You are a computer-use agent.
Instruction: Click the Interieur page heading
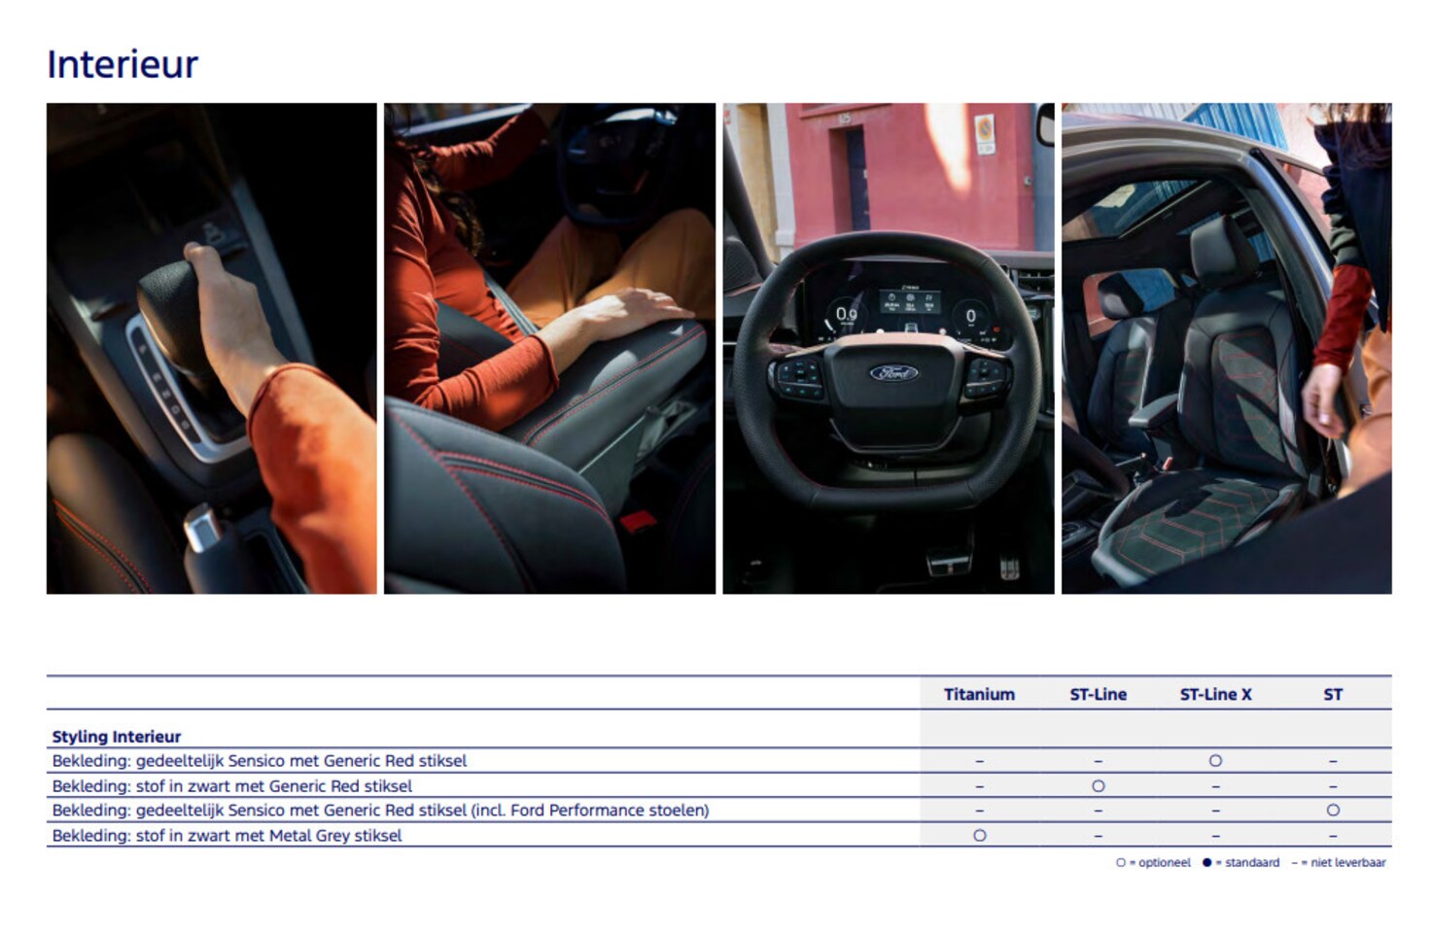122,64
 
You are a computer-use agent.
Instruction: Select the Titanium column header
979,695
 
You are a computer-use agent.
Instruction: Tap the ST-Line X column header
1215,695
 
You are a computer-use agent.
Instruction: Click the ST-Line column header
1099,695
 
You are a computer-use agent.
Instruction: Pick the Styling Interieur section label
117,737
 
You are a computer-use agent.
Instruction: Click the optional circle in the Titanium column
979,835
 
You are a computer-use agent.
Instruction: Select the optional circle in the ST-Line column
1099,786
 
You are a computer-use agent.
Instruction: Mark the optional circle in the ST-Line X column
1215,761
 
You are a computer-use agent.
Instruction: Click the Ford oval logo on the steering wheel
893,373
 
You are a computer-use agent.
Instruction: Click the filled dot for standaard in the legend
1207,863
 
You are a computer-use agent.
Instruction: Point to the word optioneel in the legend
1165,863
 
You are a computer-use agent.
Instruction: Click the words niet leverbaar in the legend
1347,863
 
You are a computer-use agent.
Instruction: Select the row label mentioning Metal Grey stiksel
227,836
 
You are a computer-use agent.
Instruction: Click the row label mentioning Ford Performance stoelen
381,811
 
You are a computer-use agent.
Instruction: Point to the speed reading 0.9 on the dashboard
846,314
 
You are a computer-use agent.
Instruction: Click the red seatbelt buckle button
639,522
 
